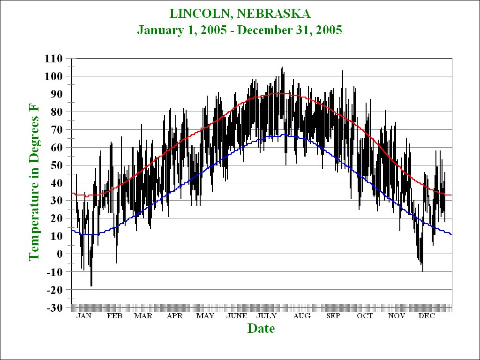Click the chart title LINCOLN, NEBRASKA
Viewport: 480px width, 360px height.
pos(240,13)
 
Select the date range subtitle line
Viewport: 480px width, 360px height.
pos(240,30)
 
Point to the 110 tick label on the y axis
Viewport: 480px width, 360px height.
pos(53,59)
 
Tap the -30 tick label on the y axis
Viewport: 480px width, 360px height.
pos(55,307)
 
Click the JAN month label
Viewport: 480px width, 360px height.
pos(84,316)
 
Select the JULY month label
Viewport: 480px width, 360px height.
pos(266,316)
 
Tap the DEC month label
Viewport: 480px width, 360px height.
pos(427,316)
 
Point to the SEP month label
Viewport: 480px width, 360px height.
pos(333,316)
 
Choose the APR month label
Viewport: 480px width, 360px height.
pos(175,316)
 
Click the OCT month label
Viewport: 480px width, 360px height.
pos(365,316)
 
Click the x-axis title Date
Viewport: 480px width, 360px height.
pos(261,328)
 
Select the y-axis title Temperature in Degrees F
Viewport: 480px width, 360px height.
pos(34,183)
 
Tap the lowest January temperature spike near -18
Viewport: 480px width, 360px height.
pos(91,285)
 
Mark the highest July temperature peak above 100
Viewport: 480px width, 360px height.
pos(282,68)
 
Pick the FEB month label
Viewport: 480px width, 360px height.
pos(114,316)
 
